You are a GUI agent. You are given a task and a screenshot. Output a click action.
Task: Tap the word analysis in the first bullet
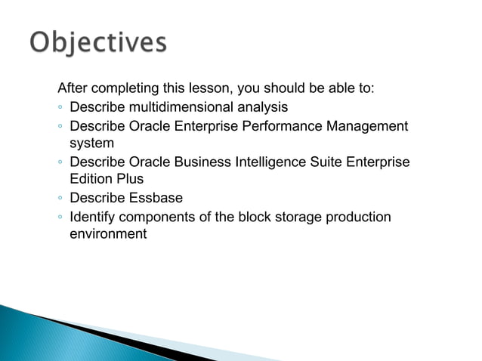click(264, 106)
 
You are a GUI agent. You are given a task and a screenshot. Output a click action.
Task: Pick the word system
click(91, 143)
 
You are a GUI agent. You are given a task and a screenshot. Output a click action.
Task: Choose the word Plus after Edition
click(129, 180)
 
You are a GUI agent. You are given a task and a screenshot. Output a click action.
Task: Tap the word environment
click(107, 235)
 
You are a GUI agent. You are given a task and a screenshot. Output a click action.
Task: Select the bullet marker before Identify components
click(59, 218)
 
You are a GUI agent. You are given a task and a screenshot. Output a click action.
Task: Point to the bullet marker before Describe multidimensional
click(59, 107)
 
